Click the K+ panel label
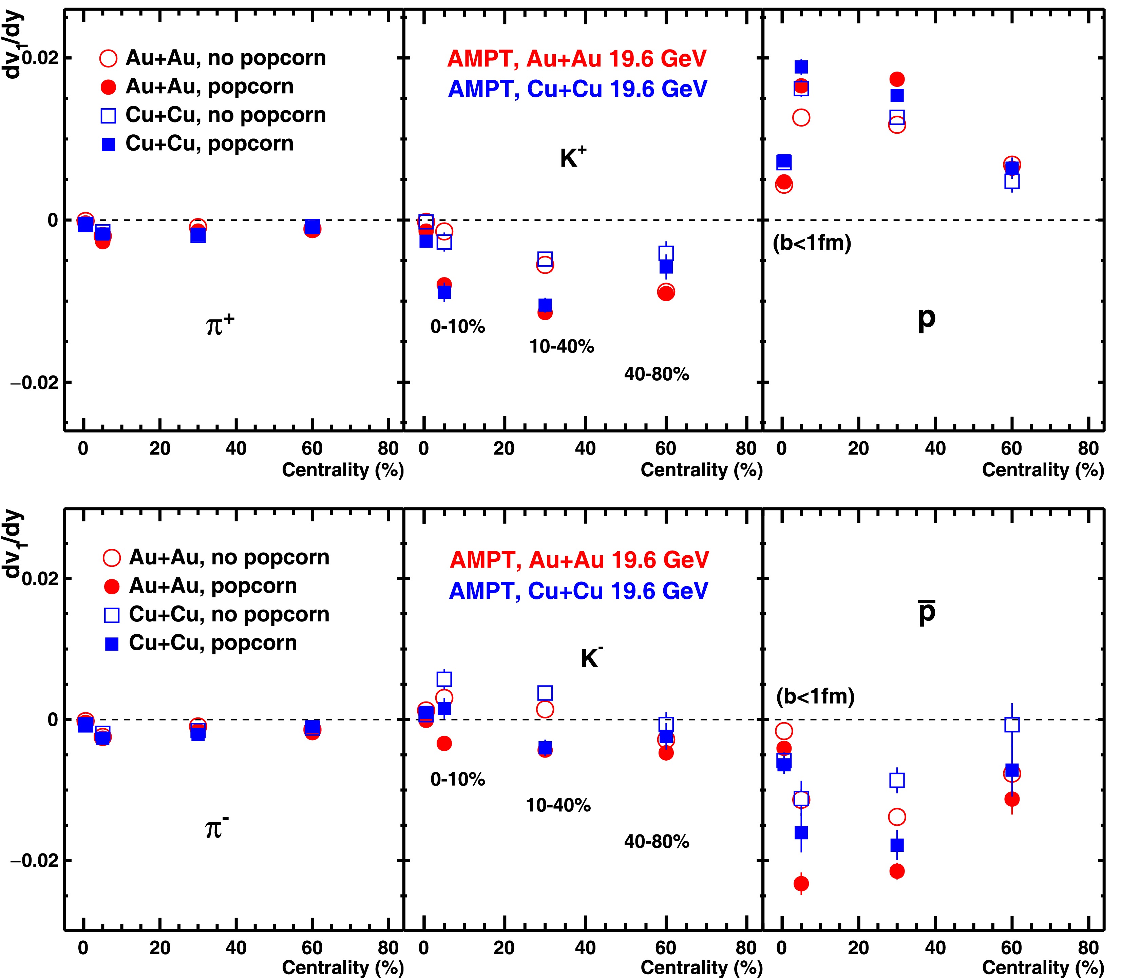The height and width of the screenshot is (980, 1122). (x=572, y=157)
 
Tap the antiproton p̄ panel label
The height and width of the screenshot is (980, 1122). (x=927, y=613)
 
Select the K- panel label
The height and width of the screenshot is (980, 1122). (x=591, y=658)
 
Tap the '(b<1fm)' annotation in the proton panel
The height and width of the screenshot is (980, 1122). (x=812, y=242)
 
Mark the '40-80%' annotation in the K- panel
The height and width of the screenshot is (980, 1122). (x=657, y=841)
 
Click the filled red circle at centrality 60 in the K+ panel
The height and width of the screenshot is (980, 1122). (x=666, y=293)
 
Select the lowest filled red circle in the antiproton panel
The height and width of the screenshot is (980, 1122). (x=801, y=883)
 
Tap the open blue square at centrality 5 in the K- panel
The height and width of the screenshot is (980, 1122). (x=444, y=679)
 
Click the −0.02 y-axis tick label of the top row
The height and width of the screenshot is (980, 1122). (x=34, y=382)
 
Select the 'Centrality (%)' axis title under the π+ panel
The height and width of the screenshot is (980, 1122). (x=342, y=470)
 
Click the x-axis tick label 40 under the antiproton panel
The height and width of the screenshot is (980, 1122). (x=935, y=948)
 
